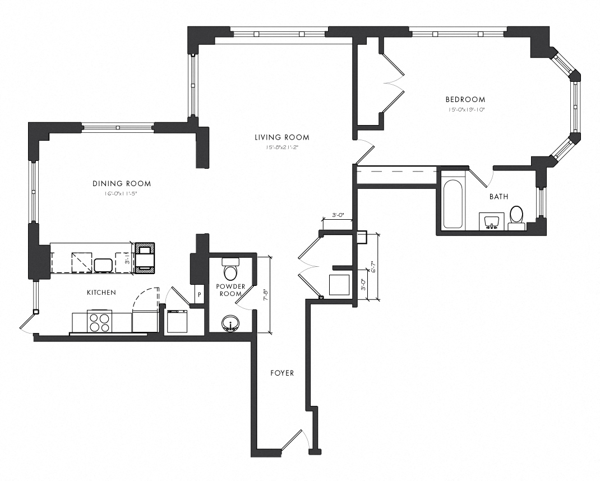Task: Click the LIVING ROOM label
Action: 281,137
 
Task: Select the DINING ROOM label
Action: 122,184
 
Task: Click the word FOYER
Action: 281,373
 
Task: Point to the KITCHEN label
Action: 101,293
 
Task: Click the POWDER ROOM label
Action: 230,290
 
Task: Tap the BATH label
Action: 499,197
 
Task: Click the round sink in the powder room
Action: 229,323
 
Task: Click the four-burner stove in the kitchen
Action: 100,322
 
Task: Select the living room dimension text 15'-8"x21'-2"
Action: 281,147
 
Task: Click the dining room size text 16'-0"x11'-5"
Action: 122,194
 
